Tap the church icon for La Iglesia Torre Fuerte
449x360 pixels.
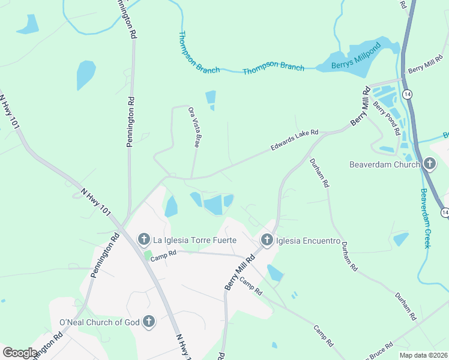point(144,240)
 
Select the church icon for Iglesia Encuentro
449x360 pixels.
point(267,241)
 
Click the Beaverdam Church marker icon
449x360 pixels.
point(429,164)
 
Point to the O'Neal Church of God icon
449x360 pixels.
point(148,322)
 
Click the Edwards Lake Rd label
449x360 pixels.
point(294,138)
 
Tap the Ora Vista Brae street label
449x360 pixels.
point(193,127)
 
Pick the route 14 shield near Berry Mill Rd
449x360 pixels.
point(408,94)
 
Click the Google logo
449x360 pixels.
point(20,353)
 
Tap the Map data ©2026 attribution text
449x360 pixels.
point(423,355)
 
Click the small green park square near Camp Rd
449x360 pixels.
point(148,256)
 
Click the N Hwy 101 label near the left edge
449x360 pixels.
point(8,112)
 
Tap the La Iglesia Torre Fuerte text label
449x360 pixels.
point(195,240)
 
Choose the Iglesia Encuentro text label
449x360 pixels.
point(309,241)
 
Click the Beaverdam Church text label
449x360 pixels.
point(384,164)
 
